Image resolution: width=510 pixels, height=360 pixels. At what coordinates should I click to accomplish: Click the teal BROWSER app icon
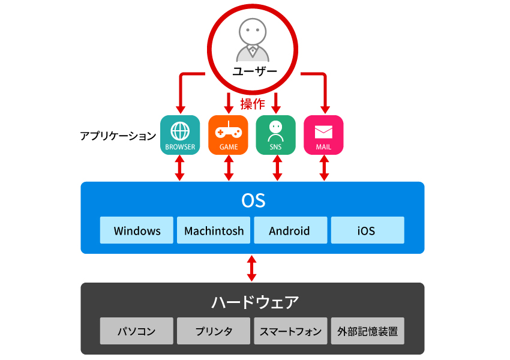[x=180, y=135]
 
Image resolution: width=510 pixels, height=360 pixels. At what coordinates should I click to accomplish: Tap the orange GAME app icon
[x=228, y=135]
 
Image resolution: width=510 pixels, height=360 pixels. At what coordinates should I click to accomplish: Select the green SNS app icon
[x=275, y=135]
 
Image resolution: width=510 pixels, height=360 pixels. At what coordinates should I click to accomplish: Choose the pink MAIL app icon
[x=323, y=135]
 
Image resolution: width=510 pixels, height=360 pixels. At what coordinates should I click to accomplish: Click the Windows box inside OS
[x=137, y=230]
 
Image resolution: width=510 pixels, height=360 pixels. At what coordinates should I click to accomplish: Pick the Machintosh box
[x=214, y=230]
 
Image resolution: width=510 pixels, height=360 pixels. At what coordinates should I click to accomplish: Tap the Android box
[x=290, y=230]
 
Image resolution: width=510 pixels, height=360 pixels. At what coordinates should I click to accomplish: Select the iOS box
[x=367, y=230]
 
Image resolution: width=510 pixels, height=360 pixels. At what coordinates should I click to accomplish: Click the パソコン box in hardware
[x=137, y=331]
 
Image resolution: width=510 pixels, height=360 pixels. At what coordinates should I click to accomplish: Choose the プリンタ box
[x=214, y=331]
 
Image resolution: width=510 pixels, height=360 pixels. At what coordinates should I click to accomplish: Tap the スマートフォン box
[x=290, y=331]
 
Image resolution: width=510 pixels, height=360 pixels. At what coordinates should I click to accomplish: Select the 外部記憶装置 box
[x=367, y=331]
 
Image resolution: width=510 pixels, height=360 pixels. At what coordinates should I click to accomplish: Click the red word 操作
[x=252, y=104]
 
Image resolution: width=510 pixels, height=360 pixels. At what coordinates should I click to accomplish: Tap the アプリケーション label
[x=118, y=136]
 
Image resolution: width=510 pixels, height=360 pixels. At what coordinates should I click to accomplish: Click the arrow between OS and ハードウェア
[x=252, y=268]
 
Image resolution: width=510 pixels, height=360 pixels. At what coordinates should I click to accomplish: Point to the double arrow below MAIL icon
[x=324, y=169]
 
